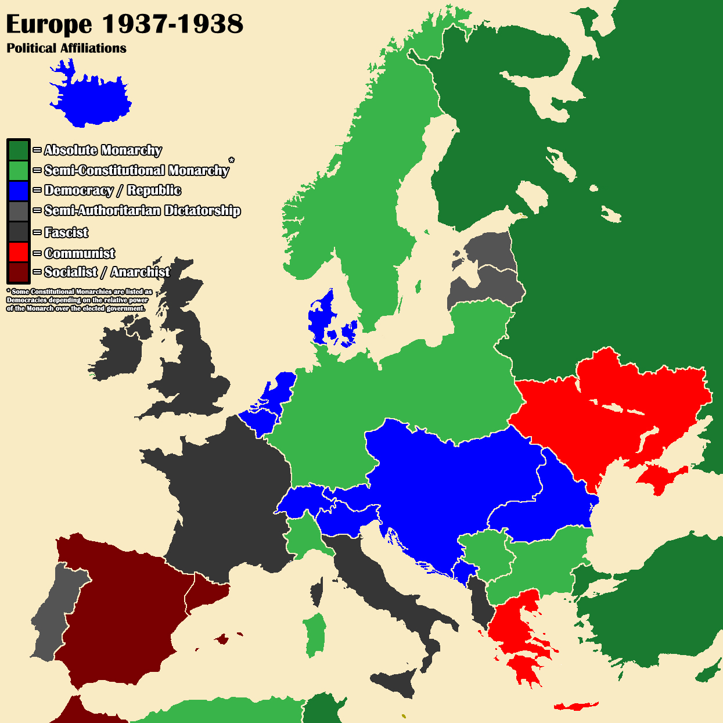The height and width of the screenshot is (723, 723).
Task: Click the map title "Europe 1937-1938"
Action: coord(124,24)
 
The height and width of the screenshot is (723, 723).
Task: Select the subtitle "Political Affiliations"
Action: coord(66,48)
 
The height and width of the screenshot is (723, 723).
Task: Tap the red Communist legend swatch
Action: coord(18,252)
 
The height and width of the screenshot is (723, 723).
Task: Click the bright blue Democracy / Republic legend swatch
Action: coord(18,191)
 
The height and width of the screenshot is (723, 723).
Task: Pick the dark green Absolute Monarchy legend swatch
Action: coord(18,150)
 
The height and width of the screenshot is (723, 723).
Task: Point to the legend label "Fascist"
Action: coord(66,233)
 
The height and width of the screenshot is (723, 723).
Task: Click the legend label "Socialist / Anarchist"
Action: coord(107,272)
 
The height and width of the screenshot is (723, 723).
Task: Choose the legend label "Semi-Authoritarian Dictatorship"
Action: coord(142,211)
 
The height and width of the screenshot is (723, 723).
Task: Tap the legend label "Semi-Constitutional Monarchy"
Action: coord(136,170)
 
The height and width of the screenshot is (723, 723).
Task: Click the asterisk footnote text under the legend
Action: coord(79,300)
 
